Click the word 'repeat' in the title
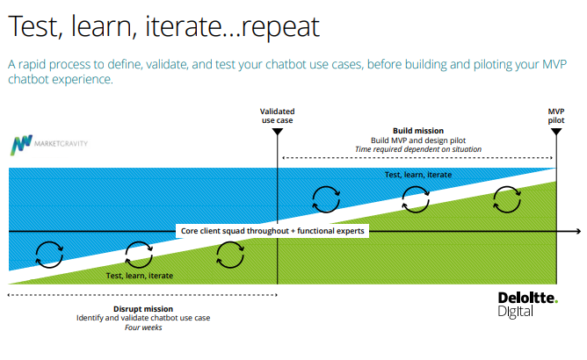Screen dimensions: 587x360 point(280,27)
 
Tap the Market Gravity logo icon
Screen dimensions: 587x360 point(21,145)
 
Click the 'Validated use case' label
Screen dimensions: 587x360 point(278,116)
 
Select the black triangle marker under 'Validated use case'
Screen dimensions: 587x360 point(278,132)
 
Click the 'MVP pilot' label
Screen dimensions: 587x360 point(556,116)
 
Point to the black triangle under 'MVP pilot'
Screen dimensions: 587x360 point(556,132)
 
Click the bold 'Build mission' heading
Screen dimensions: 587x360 point(418,131)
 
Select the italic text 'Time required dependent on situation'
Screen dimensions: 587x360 point(418,149)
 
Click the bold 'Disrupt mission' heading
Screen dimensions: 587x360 point(143,309)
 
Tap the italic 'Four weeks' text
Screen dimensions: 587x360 point(143,328)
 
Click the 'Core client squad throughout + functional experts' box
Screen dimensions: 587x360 point(272,231)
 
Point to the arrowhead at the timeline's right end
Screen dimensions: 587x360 point(578,232)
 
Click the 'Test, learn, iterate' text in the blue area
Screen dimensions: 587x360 point(418,175)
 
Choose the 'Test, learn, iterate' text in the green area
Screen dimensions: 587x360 point(139,276)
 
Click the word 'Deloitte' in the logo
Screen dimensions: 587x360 point(527,298)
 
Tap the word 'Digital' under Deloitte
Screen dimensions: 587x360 point(515,312)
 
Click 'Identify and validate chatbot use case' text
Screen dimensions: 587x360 point(143,318)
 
